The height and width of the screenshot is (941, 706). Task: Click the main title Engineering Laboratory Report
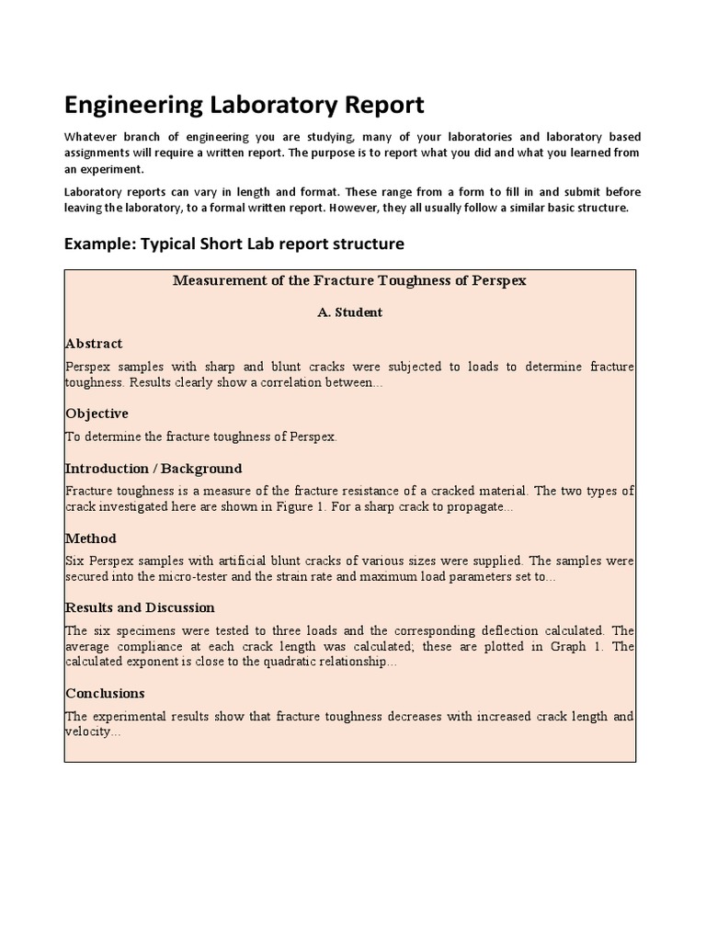[x=245, y=105]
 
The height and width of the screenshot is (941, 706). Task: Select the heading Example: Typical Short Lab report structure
[x=233, y=244]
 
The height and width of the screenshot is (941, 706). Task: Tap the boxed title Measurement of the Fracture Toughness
[x=349, y=280]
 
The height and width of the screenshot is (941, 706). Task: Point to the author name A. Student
[x=349, y=312]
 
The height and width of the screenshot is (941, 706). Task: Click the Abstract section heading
[x=94, y=344]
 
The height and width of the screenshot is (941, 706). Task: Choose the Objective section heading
[x=97, y=414]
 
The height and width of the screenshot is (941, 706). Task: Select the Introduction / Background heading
[x=154, y=469]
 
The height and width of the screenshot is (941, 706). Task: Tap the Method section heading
[x=91, y=539]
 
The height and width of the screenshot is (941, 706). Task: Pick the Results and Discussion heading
[x=140, y=607]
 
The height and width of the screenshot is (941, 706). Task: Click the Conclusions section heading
[x=105, y=694]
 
